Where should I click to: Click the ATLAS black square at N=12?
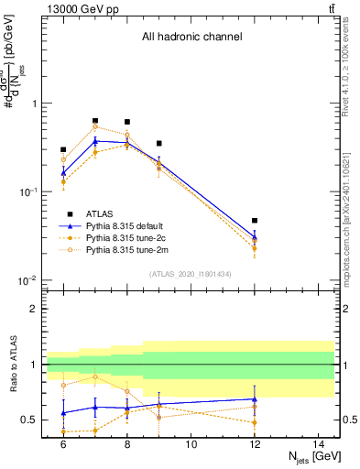coord(255,221)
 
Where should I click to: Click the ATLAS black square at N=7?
coord(95,120)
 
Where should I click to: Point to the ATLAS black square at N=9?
coord(159,143)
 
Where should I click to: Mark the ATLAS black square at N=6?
coord(63,149)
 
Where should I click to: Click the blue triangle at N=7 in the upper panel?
coord(95,141)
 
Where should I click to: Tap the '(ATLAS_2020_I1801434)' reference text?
coord(191,274)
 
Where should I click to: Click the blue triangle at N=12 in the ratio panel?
coord(255,399)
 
